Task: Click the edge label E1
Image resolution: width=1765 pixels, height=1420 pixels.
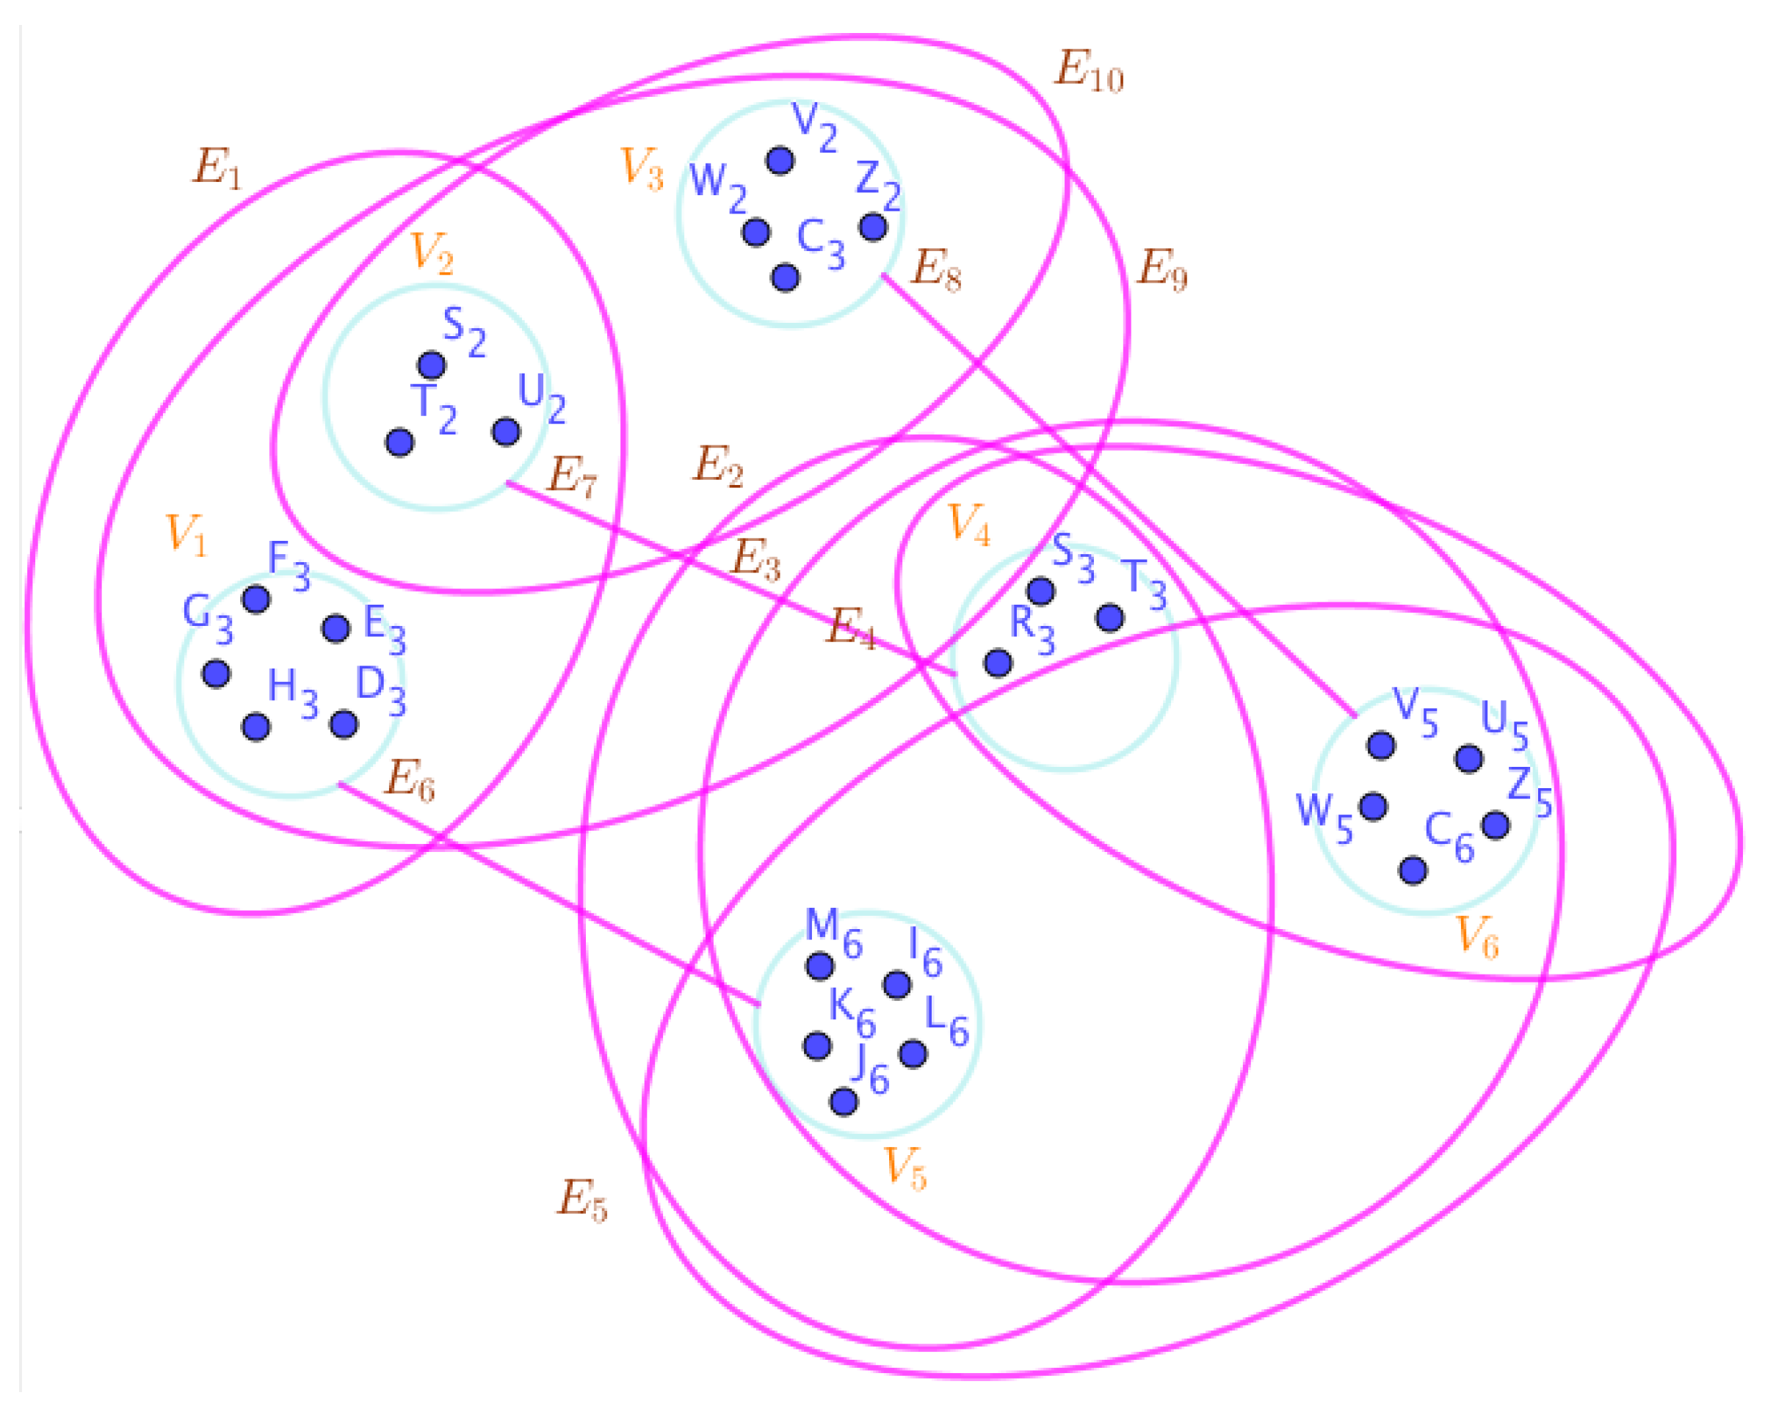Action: click(217, 169)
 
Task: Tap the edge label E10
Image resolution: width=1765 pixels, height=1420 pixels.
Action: click(1088, 70)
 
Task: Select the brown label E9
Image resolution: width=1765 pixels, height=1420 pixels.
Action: click(1161, 269)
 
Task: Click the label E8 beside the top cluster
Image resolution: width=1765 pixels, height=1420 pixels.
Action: click(935, 269)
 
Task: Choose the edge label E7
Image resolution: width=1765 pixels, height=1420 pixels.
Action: click(571, 476)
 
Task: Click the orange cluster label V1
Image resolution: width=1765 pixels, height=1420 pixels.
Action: click(186, 535)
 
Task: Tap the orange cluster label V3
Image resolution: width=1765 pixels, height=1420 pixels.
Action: click(641, 170)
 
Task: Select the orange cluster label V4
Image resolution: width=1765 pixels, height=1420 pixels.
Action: click(968, 524)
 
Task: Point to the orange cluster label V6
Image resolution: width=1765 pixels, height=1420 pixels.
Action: click(1477, 936)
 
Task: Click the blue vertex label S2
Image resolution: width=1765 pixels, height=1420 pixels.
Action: click(464, 332)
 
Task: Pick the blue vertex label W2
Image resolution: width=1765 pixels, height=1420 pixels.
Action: click(718, 187)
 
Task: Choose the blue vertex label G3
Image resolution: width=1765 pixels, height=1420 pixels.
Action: click(208, 618)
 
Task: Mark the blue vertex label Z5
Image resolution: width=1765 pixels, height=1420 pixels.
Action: click(1529, 791)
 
